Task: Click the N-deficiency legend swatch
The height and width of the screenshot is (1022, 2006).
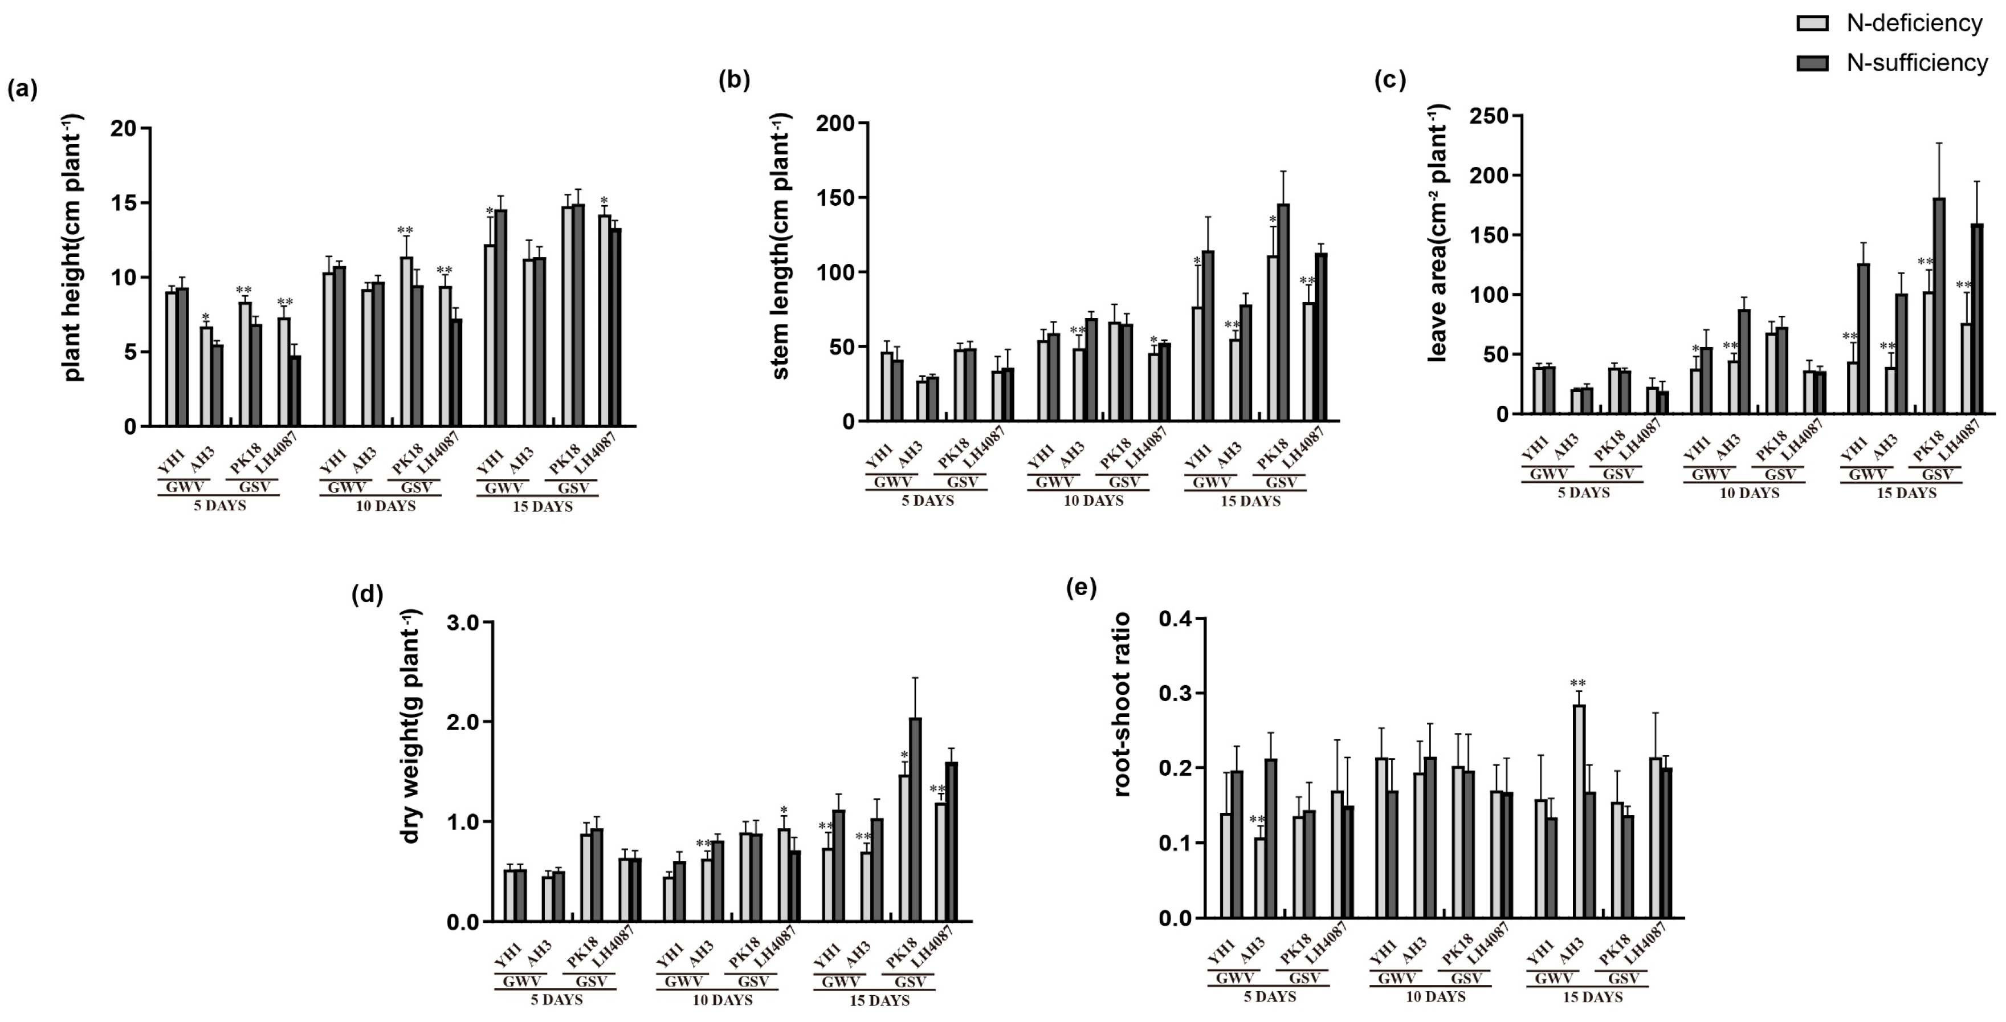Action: pos(1812,23)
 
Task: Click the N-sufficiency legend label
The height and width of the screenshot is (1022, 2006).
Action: pos(1917,62)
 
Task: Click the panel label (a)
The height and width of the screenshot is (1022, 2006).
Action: pos(22,89)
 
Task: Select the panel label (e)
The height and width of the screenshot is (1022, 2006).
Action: pos(1081,588)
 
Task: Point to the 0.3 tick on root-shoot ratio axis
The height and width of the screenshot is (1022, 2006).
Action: pos(1175,693)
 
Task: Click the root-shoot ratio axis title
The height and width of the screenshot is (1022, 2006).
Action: pos(1122,705)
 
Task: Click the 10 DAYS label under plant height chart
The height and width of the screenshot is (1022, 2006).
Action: pos(385,506)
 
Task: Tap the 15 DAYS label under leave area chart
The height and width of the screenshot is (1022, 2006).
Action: pos(1906,493)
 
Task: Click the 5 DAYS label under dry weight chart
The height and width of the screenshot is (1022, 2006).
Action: pos(556,999)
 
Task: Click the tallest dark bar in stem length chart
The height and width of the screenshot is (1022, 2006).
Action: pos(1283,312)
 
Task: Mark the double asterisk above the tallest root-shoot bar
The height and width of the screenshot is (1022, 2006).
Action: pos(1577,683)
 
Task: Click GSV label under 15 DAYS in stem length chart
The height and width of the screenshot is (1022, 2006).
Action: pos(1280,482)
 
